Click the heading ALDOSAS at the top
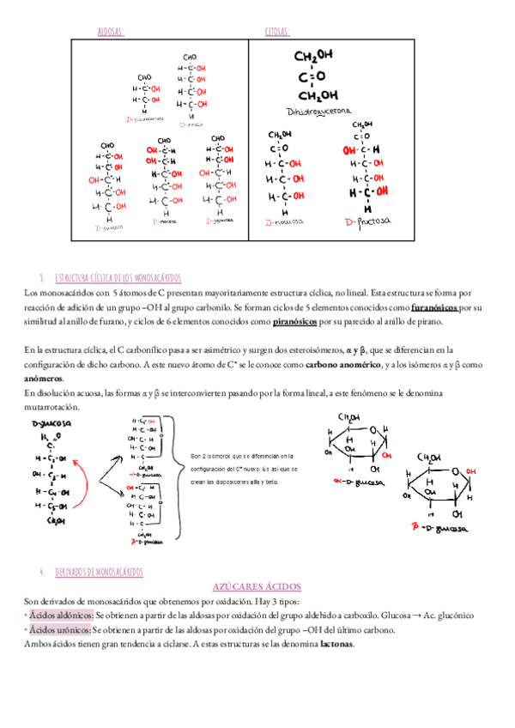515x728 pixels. [x=112, y=32]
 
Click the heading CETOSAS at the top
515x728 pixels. [x=277, y=32]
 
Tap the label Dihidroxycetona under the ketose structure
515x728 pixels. [x=318, y=112]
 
